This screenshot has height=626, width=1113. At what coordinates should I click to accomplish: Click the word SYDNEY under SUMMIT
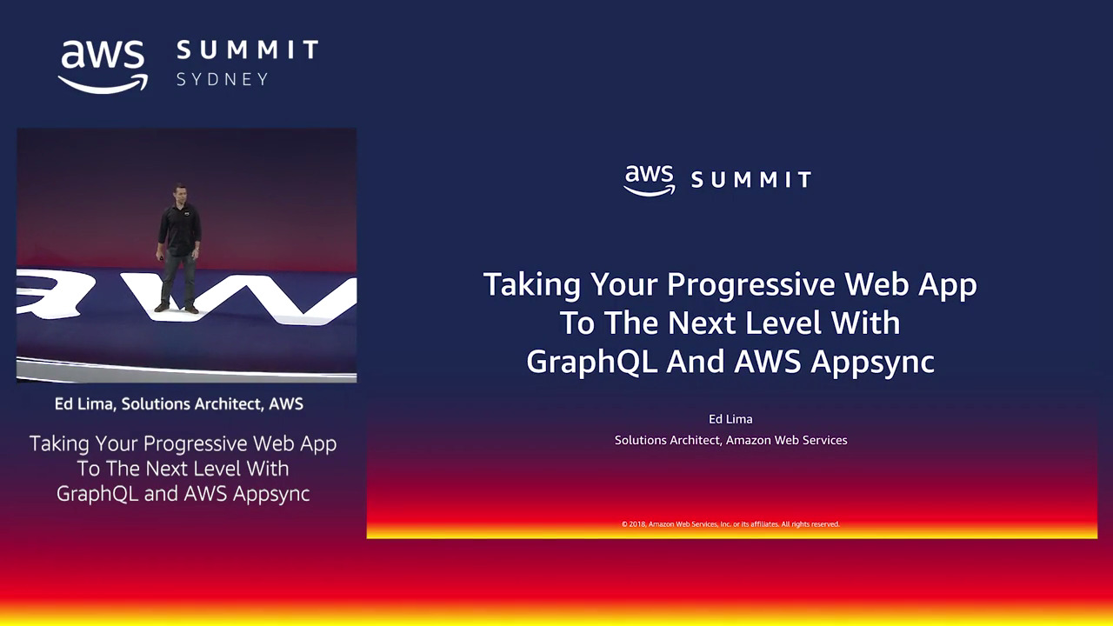pos(223,79)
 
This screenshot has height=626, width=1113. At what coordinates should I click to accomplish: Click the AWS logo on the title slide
pos(649,180)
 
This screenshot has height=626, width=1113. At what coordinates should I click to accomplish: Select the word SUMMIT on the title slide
pos(751,179)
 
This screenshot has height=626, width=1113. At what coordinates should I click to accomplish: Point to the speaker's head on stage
pos(179,194)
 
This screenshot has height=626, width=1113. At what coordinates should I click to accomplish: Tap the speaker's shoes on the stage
pos(176,308)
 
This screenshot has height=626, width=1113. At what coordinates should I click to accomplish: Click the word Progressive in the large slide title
pos(750,285)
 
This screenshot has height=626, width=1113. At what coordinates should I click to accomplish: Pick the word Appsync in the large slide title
pos(872,363)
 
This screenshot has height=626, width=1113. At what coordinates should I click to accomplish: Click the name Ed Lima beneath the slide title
pos(730,419)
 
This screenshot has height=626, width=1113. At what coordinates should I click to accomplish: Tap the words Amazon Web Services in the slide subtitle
pos(787,440)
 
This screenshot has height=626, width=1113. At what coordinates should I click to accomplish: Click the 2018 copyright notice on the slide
pos(730,524)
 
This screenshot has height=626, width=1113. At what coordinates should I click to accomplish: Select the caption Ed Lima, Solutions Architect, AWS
pos(179,404)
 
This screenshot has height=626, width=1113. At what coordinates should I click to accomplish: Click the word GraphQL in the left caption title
pos(97,494)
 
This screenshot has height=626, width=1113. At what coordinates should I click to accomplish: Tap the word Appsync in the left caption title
pos(271,494)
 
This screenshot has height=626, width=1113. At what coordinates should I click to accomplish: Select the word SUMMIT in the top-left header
pos(248,50)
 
